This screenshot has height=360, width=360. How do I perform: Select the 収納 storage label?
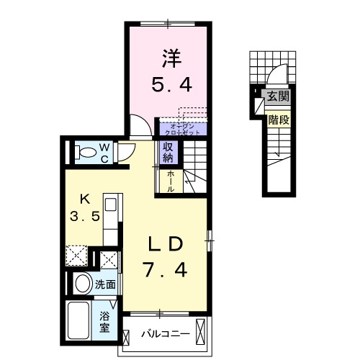pos(168,152)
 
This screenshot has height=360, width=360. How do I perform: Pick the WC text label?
pos(104,152)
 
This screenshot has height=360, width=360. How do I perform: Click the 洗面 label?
pos(105,284)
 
